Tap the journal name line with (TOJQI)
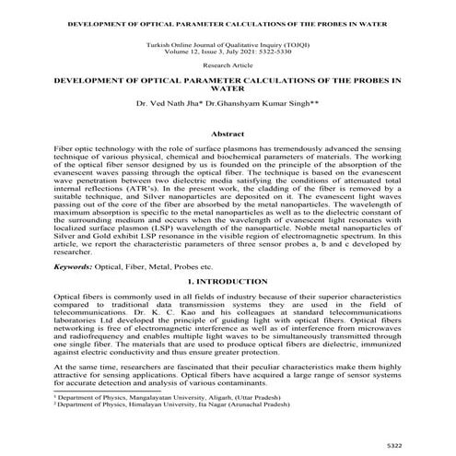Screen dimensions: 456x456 [x=227, y=45]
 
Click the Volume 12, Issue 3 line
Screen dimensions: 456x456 [x=227, y=53]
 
